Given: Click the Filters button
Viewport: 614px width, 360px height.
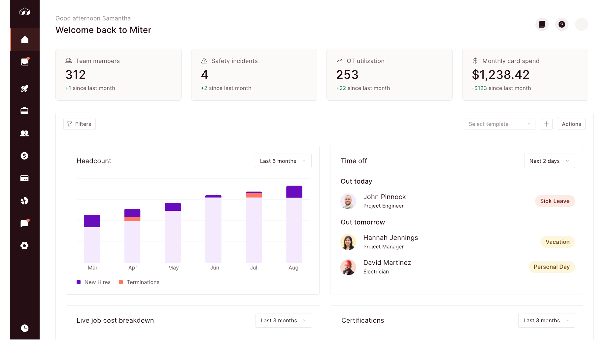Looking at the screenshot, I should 80,124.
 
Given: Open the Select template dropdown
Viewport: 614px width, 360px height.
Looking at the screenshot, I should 499,124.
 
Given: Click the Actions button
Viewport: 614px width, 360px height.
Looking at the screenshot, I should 571,124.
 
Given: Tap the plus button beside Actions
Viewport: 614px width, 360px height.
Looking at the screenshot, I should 546,124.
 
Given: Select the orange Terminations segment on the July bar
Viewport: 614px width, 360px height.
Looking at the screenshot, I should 254,195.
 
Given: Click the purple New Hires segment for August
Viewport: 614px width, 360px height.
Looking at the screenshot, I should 294,192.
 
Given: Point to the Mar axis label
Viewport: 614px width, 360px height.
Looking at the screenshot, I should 92,268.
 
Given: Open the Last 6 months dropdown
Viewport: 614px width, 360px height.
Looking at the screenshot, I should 283,161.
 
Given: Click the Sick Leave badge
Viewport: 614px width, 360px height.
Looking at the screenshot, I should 555,201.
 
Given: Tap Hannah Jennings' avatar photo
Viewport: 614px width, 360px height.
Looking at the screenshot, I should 348,242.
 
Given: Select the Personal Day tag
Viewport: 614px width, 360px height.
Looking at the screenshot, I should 551,267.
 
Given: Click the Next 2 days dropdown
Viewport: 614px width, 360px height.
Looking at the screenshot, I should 549,161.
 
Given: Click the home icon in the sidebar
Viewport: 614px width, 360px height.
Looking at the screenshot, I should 25,40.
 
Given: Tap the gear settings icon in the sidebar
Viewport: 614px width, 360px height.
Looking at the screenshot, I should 24,245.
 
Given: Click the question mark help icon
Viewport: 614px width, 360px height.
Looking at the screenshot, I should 562,24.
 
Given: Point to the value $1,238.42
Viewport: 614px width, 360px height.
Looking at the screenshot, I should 500,75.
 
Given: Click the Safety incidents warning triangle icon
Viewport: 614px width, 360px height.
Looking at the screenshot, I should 204,61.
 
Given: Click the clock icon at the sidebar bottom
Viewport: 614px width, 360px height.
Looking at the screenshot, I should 25,328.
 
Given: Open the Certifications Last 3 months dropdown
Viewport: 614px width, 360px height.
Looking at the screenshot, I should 546,320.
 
